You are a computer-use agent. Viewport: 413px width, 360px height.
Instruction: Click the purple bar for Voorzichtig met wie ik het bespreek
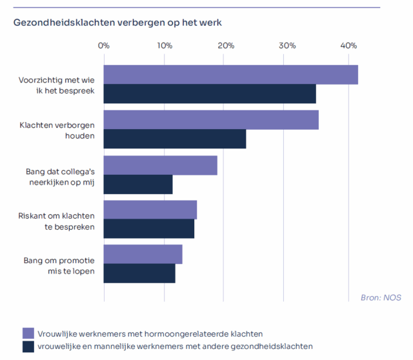pos(230,75)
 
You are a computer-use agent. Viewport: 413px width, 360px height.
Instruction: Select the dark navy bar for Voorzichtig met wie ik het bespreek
pos(210,94)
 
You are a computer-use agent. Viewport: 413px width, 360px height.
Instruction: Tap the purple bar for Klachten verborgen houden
pos(211,120)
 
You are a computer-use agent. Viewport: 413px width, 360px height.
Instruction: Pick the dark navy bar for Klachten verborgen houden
pos(174,139)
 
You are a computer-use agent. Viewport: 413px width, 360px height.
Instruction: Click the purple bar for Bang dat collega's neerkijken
pos(160,165)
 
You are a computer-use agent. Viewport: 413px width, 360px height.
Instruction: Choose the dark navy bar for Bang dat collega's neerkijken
pos(138,185)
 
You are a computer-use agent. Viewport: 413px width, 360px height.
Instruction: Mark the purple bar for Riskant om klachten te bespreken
pos(150,210)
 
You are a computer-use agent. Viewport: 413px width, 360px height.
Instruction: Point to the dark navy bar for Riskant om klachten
pos(148,229)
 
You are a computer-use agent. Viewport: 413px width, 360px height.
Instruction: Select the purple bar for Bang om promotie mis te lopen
pos(143,254)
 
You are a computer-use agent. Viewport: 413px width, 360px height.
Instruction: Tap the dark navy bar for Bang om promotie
pos(139,274)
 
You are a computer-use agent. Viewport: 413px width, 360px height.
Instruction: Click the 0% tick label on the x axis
pos(103,46)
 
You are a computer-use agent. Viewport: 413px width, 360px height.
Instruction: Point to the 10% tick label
pos(165,46)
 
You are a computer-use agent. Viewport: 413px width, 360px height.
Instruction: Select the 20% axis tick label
pos(226,46)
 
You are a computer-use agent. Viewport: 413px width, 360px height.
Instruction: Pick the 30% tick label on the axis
pos(287,46)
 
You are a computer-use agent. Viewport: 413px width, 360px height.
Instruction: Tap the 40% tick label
pos(348,46)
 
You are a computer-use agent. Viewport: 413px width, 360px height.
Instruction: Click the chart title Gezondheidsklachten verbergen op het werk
pos(117,23)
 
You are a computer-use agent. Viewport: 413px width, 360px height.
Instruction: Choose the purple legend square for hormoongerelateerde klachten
pos(28,334)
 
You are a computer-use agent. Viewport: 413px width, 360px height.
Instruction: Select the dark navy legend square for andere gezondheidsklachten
pos(28,346)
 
